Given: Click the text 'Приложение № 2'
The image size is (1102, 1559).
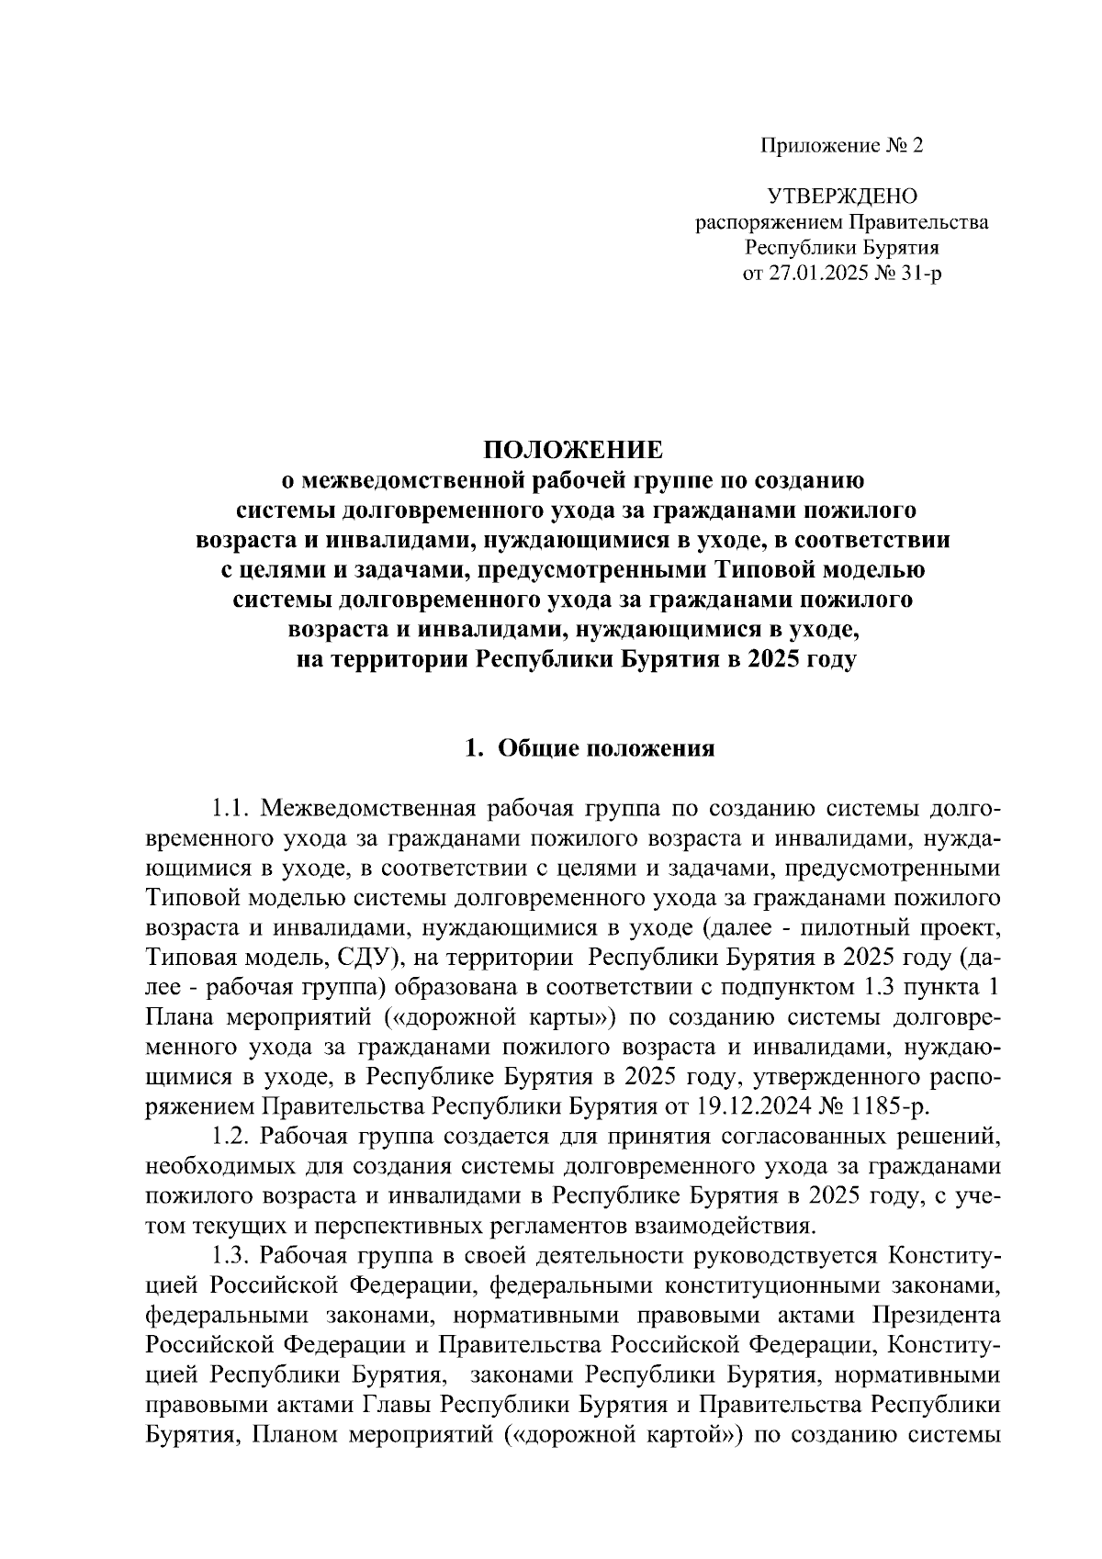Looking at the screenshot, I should pos(840,146).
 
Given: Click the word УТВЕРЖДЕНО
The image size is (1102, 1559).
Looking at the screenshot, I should pos(842,196).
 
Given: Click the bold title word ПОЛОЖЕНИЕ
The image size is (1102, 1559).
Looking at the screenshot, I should pos(573,450).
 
